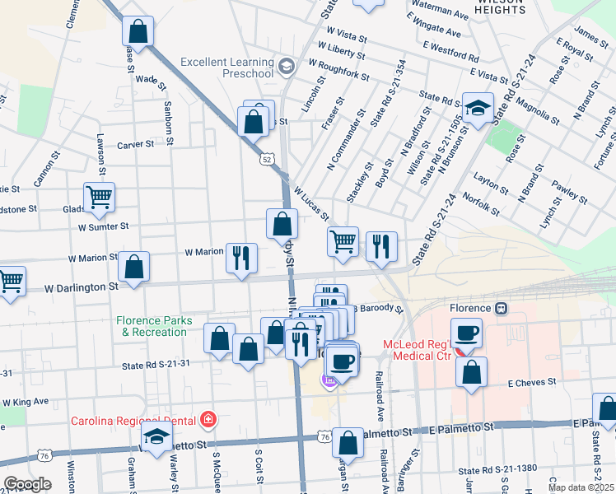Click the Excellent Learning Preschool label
click(x=226, y=68)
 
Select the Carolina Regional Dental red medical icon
click(x=209, y=418)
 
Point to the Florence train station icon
click(x=501, y=309)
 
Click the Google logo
click(x=26, y=484)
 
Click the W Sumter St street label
click(x=103, y=226)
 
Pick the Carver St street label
click(x=135, y=144)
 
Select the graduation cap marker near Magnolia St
click(x=477, y=110)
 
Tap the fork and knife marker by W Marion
click(x=241, y=258)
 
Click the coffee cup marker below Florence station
click(x=467, y=333)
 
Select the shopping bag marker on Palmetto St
click(x=348, y=442)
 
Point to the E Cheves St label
click(x=533, y=383)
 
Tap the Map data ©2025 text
click(x=581, y=487)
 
